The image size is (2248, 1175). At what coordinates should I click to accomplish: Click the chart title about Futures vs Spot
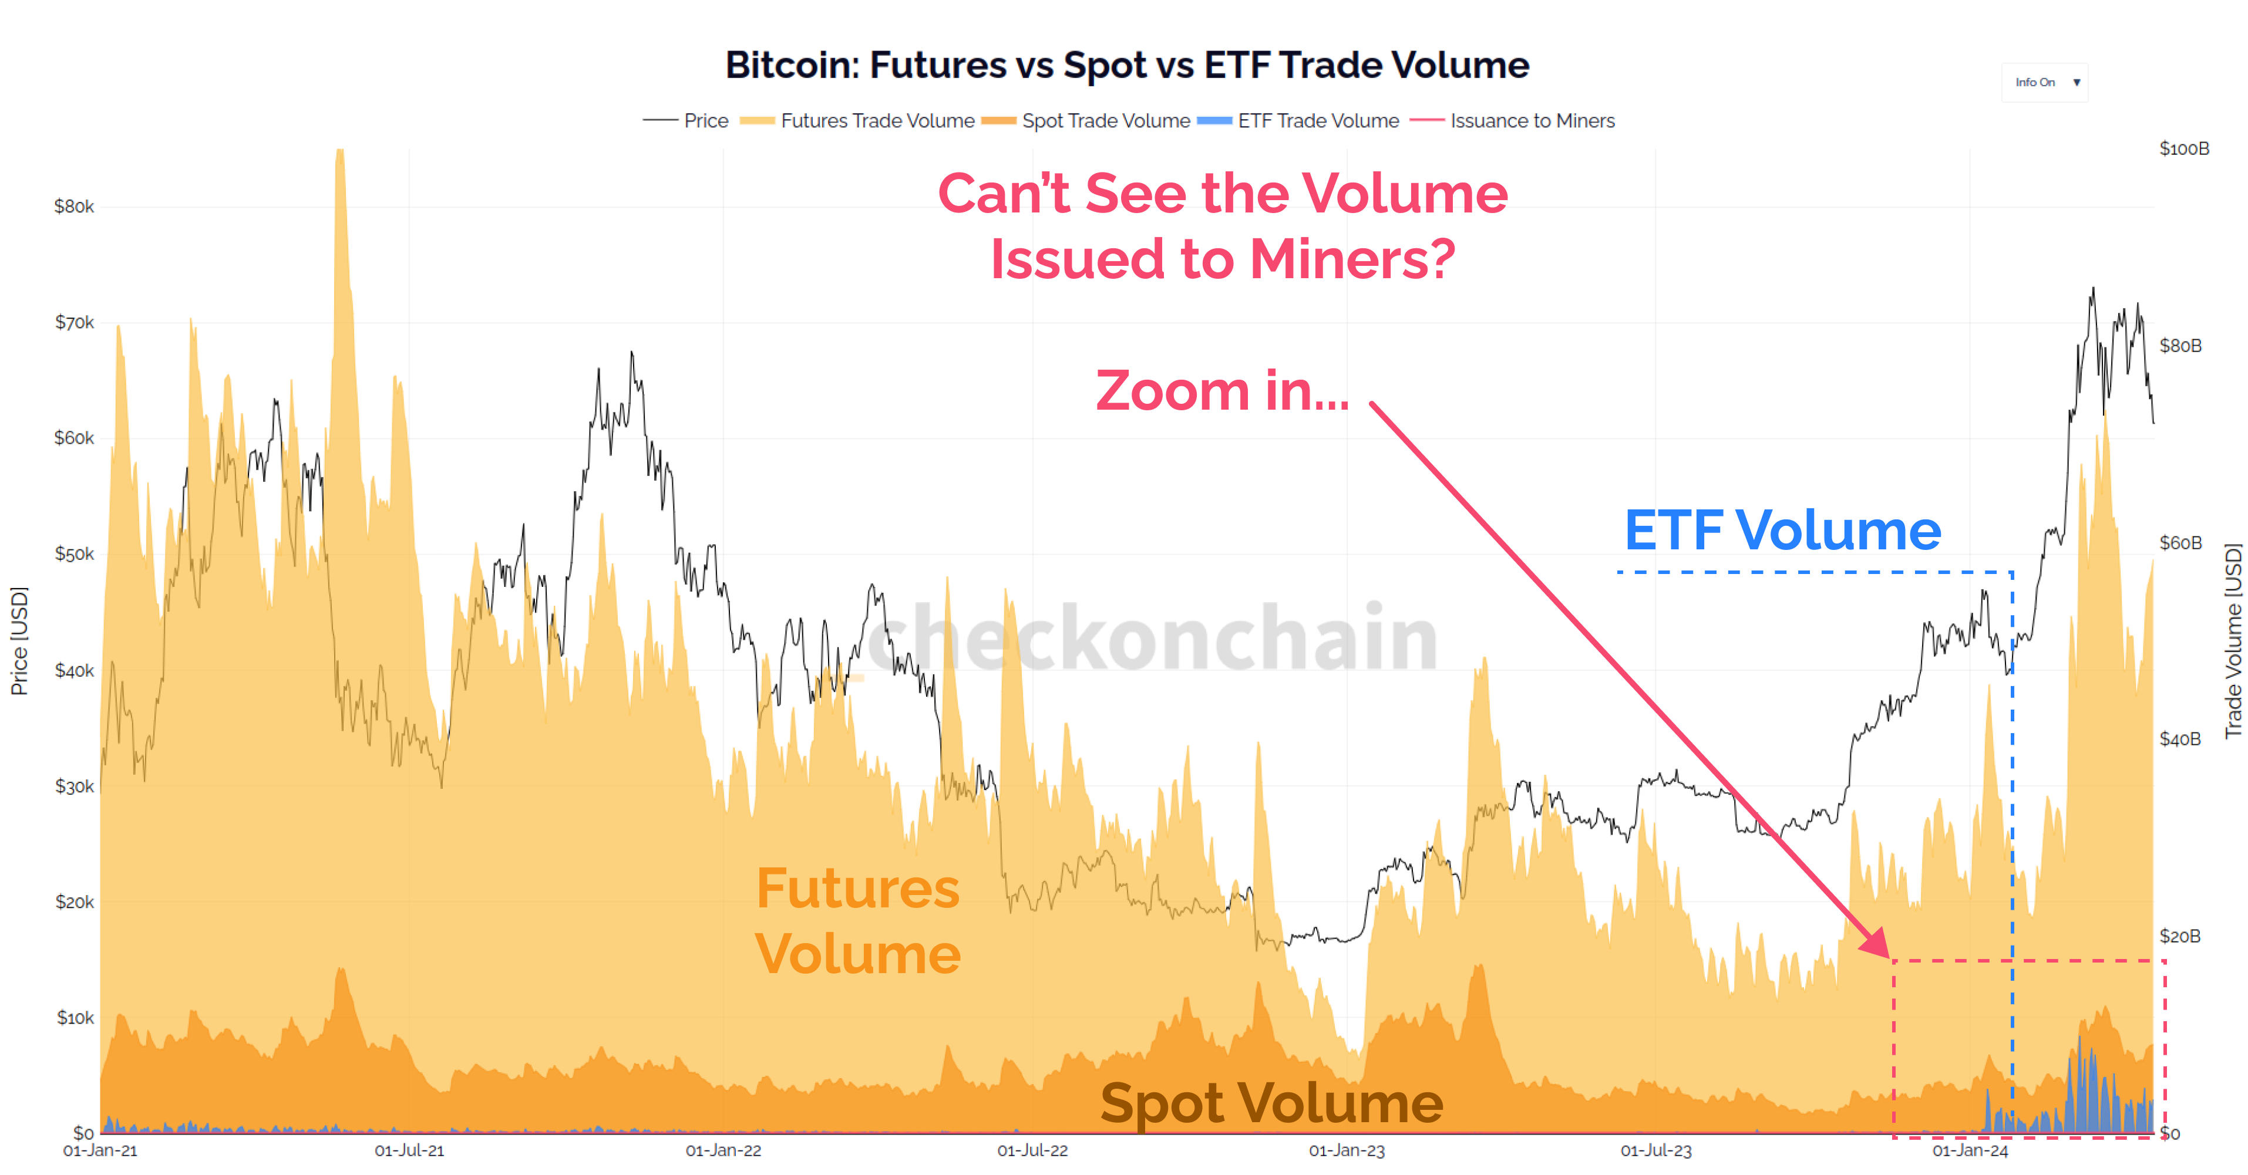click(x=1126, y=65)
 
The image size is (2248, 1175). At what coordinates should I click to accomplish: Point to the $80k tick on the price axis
click(x=74, y=207)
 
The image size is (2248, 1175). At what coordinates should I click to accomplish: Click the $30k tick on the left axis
click(x=74, y=786)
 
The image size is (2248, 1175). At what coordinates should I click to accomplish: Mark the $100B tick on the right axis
click(x=2183, y=148)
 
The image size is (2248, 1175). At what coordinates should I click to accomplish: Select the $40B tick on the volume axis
click(x=2179, y=739)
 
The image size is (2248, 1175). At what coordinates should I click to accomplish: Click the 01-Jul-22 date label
click(x=1032, y=1150)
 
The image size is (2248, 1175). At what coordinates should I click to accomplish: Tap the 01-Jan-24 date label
click(x=1970, y=1150)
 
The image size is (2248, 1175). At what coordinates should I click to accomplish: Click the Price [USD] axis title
click(x=19, y=641)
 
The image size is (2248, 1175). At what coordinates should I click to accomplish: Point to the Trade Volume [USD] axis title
click(x=2232, y=641)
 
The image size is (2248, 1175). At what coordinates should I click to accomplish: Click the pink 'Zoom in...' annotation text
click(x=1221, y=390)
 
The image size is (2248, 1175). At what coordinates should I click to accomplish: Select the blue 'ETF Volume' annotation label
click(x=1782, y=531)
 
